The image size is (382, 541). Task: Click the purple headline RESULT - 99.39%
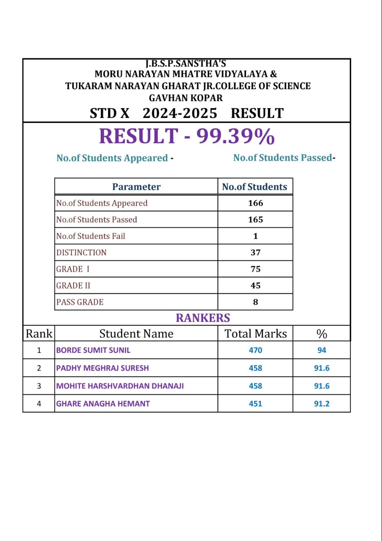(187, 137)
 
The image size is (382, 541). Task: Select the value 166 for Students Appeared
(255, 203)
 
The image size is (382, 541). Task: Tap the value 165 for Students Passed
(255, 219)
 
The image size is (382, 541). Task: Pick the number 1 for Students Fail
(255, 236)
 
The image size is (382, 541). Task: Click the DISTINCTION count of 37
(255, 252)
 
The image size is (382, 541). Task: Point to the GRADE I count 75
(255, 269)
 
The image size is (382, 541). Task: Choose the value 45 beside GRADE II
(255, 285)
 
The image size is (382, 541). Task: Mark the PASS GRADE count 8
(255, 302)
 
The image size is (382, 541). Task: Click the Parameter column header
(136, 187)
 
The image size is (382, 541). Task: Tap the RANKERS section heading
(203, 318)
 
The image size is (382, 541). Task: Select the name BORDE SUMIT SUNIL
(93, 350)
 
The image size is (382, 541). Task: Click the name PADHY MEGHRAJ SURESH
(103, 368)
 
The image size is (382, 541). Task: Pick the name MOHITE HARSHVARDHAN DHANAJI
(120, 386)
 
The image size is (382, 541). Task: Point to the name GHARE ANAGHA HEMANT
(103, 404)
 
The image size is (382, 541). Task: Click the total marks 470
(255, 350)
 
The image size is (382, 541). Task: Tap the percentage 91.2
(322, 404)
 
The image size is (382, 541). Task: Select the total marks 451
(255, 404)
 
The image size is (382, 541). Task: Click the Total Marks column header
(255, 333)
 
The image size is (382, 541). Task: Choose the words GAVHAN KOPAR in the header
(186, 98)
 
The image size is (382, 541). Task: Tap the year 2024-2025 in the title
(180, 113)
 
